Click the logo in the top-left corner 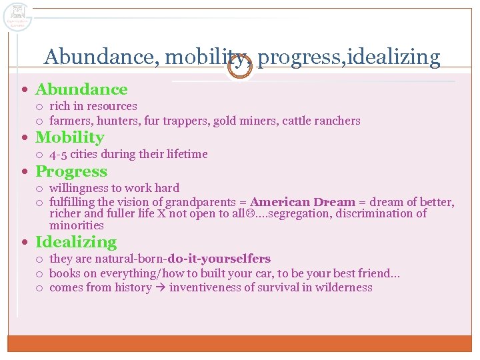click(x=17, y=16)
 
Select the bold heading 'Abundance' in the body click(x=81, y=89)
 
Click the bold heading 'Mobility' click(x=70, y=138)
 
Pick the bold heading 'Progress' click(x=71, y=172)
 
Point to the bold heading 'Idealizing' click(x=76, y=243)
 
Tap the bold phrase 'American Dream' click(x=303, y=202)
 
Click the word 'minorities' click(x=77, y=225)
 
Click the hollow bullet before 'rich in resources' click(x=39, y=107)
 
